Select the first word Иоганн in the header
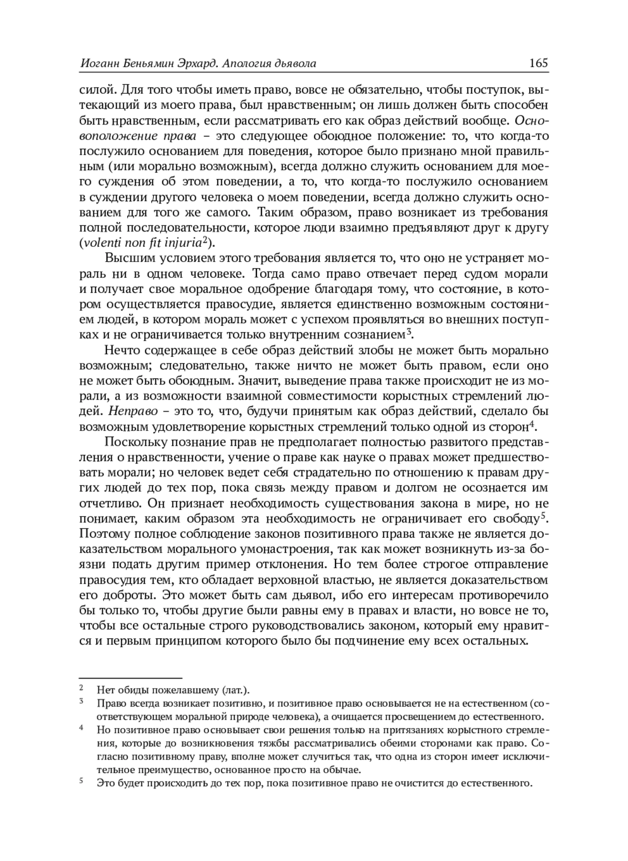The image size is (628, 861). (x=97, y=63)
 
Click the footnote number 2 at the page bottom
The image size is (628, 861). (x=82, y=688)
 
